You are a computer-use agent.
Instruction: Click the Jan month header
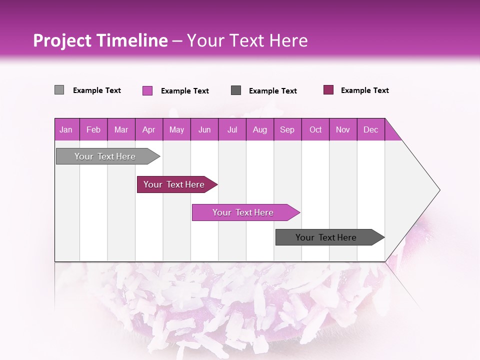click(x=66, y=129)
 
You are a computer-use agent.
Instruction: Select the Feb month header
click(x=93, y=129)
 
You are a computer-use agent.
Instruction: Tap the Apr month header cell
click(x=148, y=129)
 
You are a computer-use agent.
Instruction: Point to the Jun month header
click(x=204, y=129)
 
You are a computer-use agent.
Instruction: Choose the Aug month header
click(x=259, y=129)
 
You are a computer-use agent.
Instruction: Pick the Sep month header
click(x=287, y=129)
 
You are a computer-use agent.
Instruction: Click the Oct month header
click(x=315, y=129)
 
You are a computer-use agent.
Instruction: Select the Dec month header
click(x=370, y=129)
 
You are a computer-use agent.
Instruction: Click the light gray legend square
click(x=59, y=90)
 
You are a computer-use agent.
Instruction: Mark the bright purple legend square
click(x=147, y=90)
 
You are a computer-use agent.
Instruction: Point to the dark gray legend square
click(x=236, y=90)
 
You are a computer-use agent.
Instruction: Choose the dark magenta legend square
click(x=328, y=90)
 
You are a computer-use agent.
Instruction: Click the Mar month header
click(x=121, y=129)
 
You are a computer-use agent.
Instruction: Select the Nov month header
click(x=342, y=129)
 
